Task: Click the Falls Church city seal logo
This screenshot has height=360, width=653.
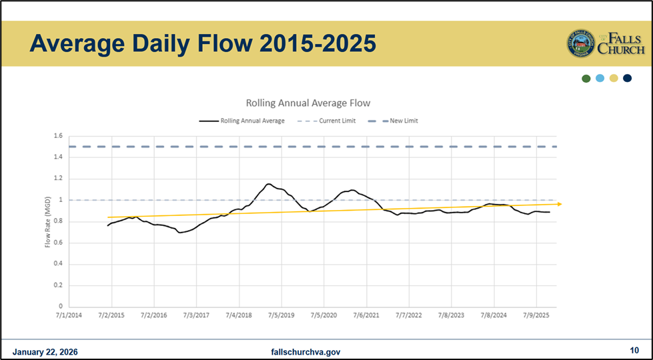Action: click(581, 43)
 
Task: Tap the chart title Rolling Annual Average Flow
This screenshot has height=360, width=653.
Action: click(307, 103)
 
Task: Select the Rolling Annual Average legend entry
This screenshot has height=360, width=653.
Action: click(242, 121)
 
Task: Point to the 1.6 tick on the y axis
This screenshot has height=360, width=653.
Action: click(58, 136)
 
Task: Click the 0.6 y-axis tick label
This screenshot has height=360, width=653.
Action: click(58, 243)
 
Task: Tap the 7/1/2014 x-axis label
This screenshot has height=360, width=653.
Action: click(69, 315)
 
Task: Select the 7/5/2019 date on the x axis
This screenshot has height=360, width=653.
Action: click(281, 315)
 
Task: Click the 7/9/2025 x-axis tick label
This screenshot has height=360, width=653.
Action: click(536, 315)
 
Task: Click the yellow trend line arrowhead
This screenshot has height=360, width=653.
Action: click(559, 204)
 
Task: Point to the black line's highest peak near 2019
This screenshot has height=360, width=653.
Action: click(268, 184)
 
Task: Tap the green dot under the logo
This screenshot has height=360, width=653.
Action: click(586, 78)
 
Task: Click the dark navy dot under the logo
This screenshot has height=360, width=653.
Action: click(627, 78)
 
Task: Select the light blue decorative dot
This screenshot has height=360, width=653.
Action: click(600, 78)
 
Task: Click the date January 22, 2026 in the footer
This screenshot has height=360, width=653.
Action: click(45, 351)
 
